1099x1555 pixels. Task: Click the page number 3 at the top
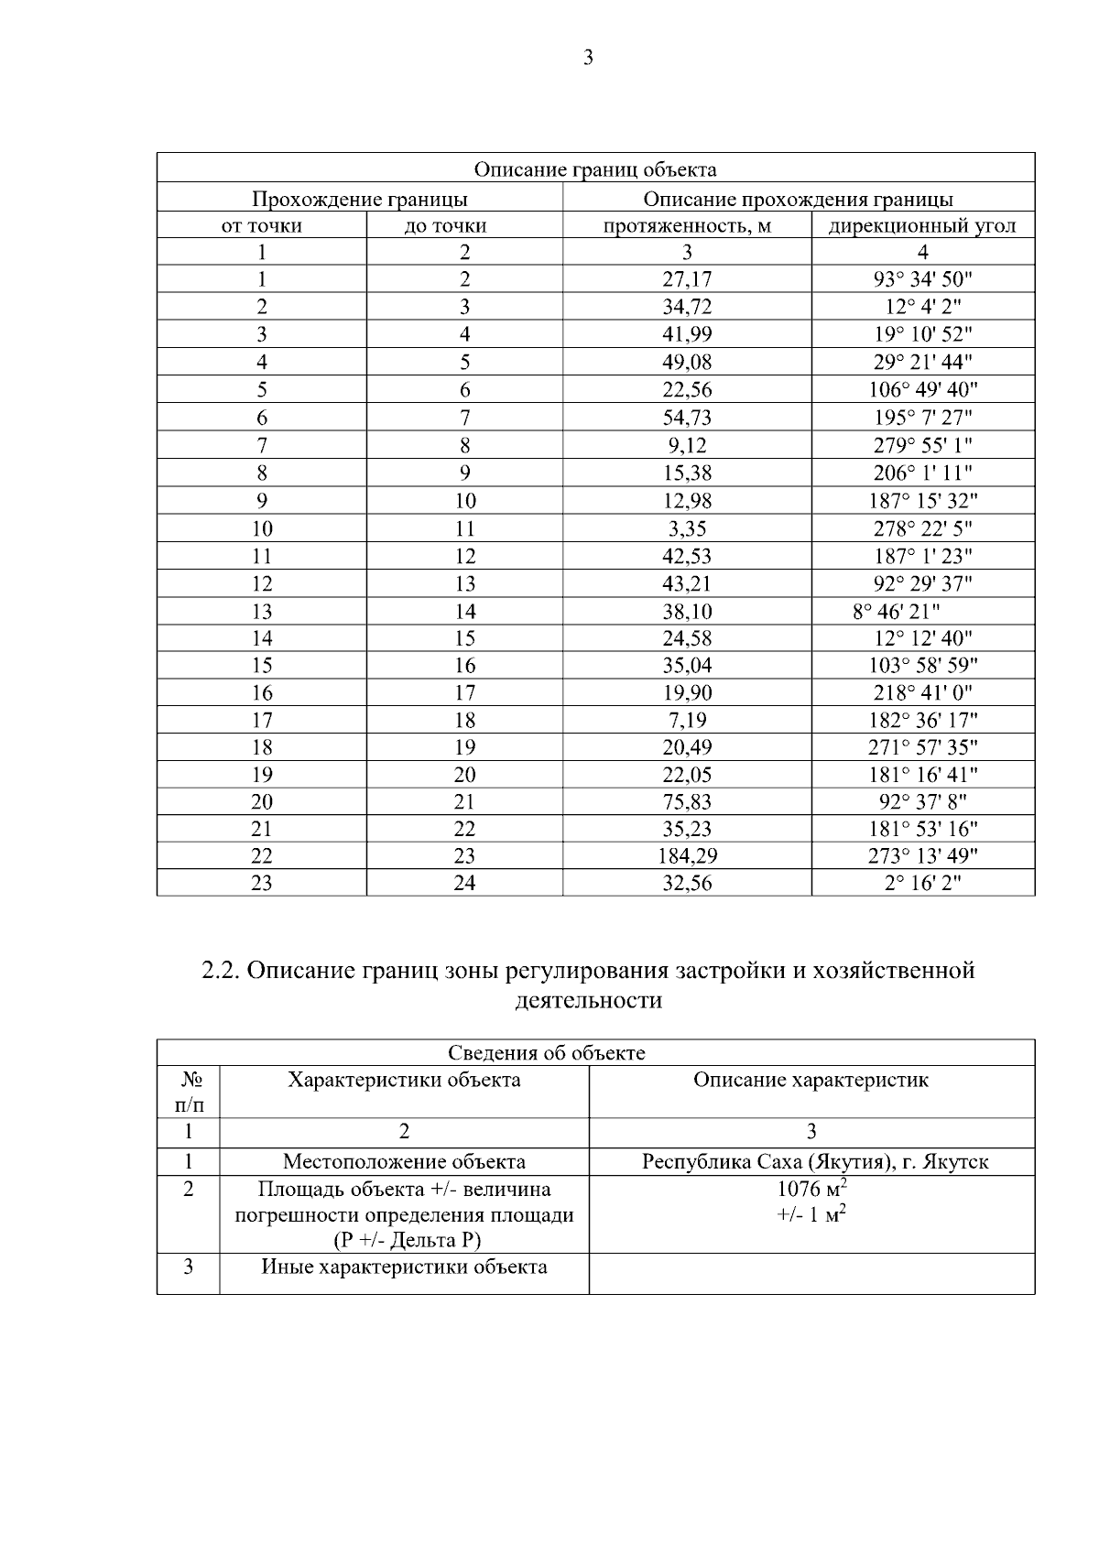point(588,58)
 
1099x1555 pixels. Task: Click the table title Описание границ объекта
point(595,169)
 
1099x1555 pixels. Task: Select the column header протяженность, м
point(687,225)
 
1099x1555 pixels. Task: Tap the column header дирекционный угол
point(922,225)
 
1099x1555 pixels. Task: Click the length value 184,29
point(687,856)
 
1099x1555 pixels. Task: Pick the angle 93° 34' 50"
point(922,280)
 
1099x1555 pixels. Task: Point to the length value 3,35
point(687,528)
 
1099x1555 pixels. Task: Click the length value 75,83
point(687,802)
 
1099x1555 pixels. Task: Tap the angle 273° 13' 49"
point(922,856)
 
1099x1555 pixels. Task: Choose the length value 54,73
point(687,419)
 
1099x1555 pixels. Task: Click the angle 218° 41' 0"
point(922,693)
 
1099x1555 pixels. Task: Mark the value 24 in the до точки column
point(464,884)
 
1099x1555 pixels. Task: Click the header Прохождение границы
point(360,199)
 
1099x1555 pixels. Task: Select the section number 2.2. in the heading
point(221,970)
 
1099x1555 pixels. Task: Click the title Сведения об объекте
point(546,1053)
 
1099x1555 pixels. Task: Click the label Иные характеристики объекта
point(404,1267)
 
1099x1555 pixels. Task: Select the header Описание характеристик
point(811,1081)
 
